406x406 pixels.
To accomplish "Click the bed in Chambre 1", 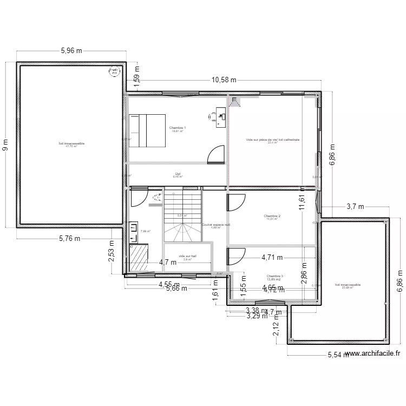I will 146,130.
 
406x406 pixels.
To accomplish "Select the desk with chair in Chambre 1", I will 219,117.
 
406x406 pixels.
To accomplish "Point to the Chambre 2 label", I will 272,216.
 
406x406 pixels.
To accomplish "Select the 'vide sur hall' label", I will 187,257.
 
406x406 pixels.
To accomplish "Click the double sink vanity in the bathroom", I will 133,232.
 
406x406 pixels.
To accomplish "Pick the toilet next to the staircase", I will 157,198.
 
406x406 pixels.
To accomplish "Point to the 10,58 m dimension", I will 224,80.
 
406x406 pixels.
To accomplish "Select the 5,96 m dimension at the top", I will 71,51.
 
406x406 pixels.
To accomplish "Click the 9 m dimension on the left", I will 6,145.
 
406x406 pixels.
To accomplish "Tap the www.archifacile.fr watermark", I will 372,353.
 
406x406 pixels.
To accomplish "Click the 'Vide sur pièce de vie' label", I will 272,140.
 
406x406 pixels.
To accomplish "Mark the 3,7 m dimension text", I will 355,206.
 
